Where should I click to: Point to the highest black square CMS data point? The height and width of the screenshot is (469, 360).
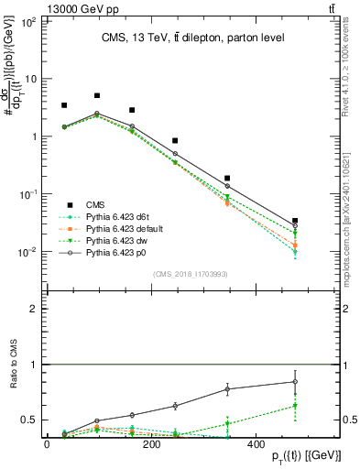(97, 95)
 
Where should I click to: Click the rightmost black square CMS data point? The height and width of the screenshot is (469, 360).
(294, 221)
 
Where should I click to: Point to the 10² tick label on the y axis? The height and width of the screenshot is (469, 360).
(27, 20)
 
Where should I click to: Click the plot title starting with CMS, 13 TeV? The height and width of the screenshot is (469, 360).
(180, 37)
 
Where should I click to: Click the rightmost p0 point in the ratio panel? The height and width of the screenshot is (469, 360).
(294, 382)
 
